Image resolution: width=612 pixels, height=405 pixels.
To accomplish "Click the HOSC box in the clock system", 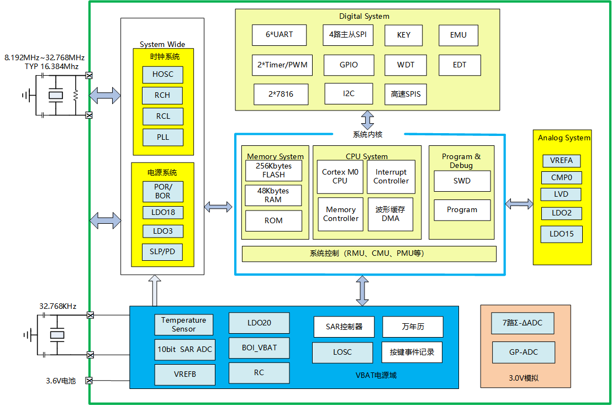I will pyautogui.click(x=162, y=74).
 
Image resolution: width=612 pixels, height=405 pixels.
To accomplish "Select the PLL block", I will pyautogui.click(x=162, y=137).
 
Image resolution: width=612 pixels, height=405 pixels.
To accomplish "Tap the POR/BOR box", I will pyautogui.click(x=162, y=191).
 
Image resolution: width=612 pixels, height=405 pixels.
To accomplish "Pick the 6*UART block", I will pyautogui.click(x=279, y=35).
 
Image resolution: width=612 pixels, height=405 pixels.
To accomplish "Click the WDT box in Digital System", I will pyautogui.click(x=405, y=65).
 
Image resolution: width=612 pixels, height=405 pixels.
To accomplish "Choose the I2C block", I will pyautogui.click(x=348, y=93).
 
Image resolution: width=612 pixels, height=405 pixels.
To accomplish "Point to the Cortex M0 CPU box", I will pyautogui.click(x=340, y=177).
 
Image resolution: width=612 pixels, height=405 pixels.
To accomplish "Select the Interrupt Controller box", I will pyautogui.click(x=391, y=177).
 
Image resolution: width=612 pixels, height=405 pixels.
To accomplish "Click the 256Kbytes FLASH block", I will pyautogui.click(x=274, y=170).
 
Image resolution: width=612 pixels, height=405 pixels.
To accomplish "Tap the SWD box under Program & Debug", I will pyautogui.click(x=462, y=181).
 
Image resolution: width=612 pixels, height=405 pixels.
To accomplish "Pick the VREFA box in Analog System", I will pyautogui.click(x=561, y=161).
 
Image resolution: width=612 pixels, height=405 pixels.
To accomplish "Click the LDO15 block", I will pyautogui.click(x=561, y=234).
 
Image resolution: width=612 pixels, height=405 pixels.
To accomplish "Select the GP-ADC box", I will pyautogui.click(x=524, y=352).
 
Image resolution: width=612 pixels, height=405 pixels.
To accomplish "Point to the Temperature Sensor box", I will pyautogui.click(x=183, y=324).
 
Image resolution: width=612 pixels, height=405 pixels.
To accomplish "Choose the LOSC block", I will pyautogui.click(x=342, y=352).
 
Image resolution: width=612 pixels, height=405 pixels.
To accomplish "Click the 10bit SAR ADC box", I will pyautogui.click(x=183, y=349).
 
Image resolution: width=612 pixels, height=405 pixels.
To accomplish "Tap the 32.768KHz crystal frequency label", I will pyautogui.click(x=57, y=306).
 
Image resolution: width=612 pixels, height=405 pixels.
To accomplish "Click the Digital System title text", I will pyautogui.click(x=364, y=16).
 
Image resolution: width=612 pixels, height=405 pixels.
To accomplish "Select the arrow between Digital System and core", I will pyautogui.click(x=367, y=120).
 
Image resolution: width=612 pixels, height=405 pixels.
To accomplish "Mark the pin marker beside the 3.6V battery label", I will pyautogui.click(x=89, y=380).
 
